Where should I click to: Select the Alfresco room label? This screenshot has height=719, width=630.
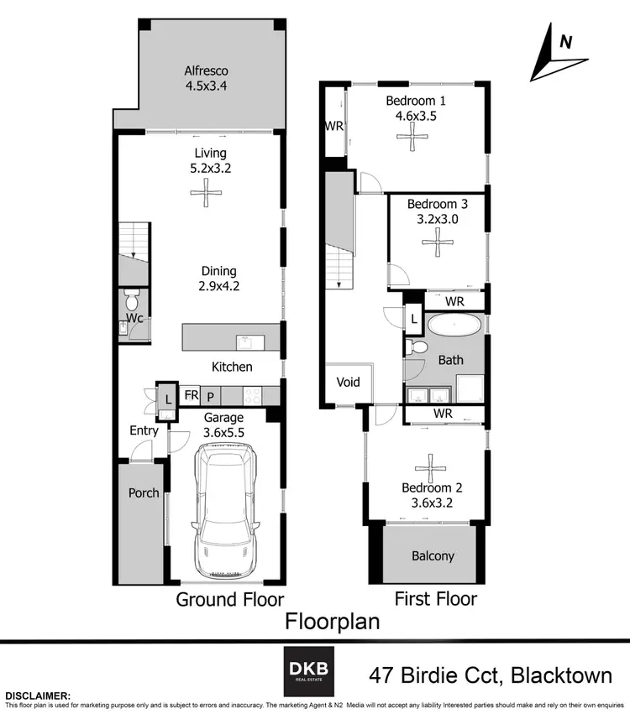click(207, 71)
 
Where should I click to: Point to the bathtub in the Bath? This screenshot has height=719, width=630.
click(454, 326)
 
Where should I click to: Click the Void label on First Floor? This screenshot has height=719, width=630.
click(349, 383)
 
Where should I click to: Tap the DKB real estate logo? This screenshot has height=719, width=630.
click(308, 671)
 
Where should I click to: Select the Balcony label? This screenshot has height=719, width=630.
click(433, 555)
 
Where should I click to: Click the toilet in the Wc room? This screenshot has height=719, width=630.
click(131, 300)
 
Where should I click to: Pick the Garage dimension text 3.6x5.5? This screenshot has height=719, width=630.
click(224, 432)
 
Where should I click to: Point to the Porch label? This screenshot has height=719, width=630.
click(143, 492)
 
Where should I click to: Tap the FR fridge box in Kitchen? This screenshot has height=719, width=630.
click(192, 394)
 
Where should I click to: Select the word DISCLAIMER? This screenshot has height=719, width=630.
click(38, 696)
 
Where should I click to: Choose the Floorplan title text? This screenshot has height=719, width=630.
click(332, 622)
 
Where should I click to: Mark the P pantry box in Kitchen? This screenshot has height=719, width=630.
click(211, 394)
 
